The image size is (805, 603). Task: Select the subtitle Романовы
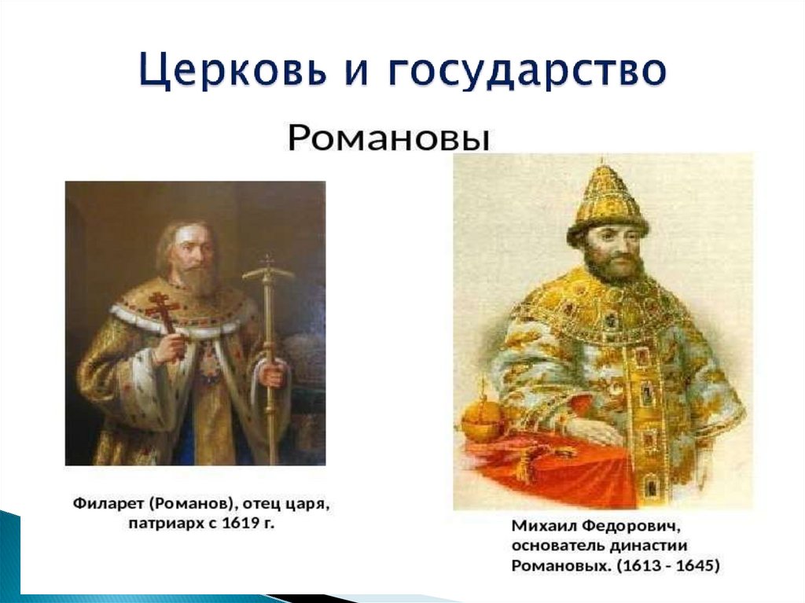389,139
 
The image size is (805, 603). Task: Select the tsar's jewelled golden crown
607,201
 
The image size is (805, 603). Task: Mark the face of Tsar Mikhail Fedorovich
611,252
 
